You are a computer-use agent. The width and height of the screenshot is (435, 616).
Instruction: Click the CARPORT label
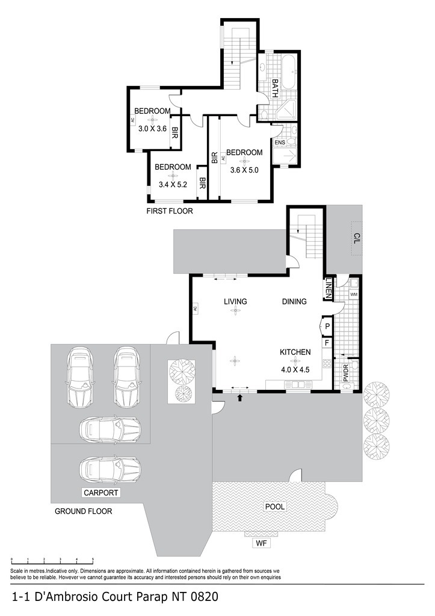[101, 493]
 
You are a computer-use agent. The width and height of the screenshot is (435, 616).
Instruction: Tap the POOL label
[275, 507]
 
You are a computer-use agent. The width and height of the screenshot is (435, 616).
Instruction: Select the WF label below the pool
[261, 543]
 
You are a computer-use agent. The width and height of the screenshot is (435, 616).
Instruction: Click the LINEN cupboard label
[329, 289]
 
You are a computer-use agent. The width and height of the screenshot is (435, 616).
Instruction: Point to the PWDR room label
[346, 373]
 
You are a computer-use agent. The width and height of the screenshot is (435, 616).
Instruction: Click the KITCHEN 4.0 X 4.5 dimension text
[295, 370]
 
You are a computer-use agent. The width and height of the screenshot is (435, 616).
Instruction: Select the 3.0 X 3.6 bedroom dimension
[152, 129]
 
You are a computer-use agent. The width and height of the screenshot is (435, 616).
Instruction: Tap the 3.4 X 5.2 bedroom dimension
[173, 184]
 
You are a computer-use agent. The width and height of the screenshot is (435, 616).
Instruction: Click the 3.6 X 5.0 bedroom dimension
[244, 170]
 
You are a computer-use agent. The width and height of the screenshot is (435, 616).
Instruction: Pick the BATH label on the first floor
[275, 88]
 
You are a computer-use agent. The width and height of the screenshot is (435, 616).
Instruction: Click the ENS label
[280, 142]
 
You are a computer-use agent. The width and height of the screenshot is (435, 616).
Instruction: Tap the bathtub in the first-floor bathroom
[291, 72]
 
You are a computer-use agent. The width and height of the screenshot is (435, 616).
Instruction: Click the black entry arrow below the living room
[241, 398]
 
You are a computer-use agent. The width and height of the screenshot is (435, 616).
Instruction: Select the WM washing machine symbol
[354, 294]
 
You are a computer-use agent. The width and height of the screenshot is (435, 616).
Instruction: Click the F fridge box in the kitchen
[327, 343]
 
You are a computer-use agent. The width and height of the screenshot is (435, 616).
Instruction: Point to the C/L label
[357, 238]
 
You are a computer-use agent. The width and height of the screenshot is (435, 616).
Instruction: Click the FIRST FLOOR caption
[170, 211]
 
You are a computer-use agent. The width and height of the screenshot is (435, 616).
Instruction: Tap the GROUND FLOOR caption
[83, 511]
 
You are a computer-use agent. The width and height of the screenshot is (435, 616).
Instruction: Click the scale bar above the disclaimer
[52, 560]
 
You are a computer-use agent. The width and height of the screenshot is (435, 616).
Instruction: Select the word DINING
[294, 301]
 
